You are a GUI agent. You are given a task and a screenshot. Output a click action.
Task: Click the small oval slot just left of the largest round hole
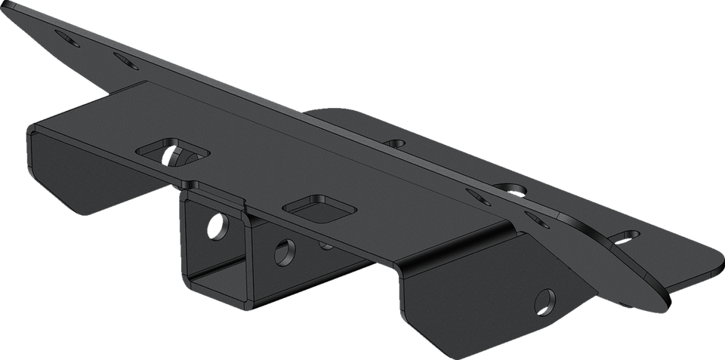476,194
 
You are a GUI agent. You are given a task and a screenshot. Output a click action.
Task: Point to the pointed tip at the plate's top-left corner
6,3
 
